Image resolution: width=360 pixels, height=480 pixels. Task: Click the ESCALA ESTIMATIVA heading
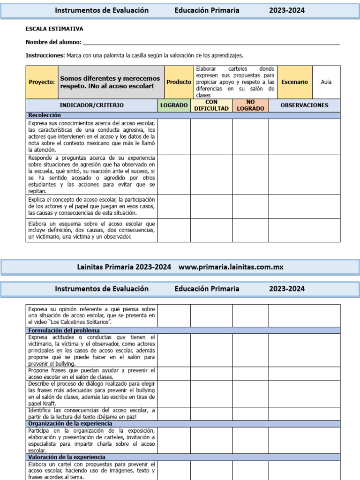point(54,29)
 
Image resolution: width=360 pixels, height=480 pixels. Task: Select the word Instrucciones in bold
point(45,55)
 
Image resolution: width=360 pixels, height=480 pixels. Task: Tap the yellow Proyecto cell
point(42,82)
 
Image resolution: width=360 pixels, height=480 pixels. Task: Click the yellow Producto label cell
point(179,82)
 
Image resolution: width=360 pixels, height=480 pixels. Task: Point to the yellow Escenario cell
point(294,82)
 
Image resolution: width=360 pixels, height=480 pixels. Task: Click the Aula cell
point(326,82)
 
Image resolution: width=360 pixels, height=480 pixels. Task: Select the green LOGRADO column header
point(174,105)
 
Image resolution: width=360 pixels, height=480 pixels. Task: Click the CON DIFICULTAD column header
point(211,105)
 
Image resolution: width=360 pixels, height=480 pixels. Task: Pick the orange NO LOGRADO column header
point(250,105)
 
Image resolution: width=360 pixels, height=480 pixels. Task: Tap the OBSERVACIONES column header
point(304,105)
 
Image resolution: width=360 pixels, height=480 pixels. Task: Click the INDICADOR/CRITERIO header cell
point(92,105)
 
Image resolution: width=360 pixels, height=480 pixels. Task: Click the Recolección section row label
point(45,115)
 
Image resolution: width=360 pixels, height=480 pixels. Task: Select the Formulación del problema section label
point(64,330)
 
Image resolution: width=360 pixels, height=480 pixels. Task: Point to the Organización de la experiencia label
point(70,424)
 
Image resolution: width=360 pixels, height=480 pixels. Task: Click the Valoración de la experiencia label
point(67,457)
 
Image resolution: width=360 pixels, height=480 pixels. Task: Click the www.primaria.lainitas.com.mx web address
point(231,267)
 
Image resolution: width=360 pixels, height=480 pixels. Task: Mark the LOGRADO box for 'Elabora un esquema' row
point(174,230)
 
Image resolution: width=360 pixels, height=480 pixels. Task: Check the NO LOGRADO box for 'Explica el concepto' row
point(250,207)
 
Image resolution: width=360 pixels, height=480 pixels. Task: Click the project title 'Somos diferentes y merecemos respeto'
point(111,82)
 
